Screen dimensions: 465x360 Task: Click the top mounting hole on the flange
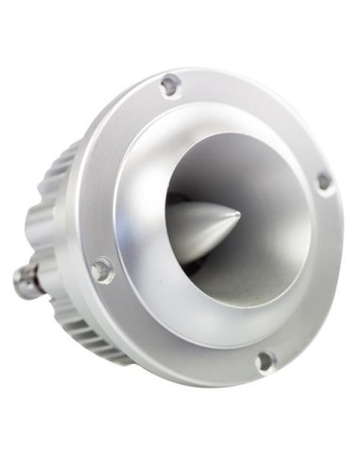pyautogui.click(x=170, y=85)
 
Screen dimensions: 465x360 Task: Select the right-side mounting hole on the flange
pyautogui.click(x=324, y=181)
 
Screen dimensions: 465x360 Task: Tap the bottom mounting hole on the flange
pyautogui.click(x=266, y=360)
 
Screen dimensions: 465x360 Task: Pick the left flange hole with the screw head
pyautogui.click(x=101, y=270)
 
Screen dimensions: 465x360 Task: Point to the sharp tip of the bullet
pyautogui.click(x=237, y=214)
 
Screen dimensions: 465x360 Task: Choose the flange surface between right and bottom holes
pyautogui.click(x=317, y=284)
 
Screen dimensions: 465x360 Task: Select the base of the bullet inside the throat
pyautogui.click(x=175, y=232)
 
